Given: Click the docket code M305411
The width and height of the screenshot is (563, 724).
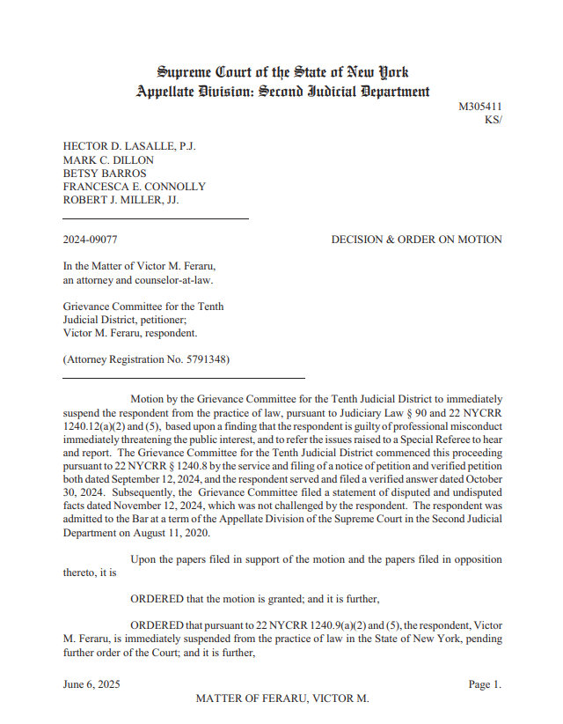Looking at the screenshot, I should [x=480, y=107].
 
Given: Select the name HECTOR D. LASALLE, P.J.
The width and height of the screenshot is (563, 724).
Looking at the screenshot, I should [x=129, y=147].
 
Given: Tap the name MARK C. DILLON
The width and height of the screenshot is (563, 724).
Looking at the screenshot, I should [x=108, y=160].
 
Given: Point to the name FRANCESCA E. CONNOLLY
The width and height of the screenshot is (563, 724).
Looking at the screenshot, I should [x=134, y=187].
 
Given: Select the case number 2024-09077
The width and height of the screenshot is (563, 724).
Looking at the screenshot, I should [x=90, y=240].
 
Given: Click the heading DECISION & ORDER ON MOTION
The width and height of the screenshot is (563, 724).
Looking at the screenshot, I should [x=417, y=240].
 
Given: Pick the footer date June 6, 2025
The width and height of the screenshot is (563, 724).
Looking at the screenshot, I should [x=91, y=684].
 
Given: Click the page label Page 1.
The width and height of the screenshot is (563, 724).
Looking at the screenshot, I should [x=485, y=684].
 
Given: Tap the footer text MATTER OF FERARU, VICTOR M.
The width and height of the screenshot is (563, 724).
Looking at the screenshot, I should [x=281, y=698].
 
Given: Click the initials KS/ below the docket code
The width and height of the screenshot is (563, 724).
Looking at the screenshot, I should [x=493, y=120].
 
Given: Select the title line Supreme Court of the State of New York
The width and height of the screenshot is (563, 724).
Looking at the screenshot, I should [x=282, y=72].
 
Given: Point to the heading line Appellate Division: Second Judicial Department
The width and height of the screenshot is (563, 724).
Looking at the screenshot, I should [x=282, y=91].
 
